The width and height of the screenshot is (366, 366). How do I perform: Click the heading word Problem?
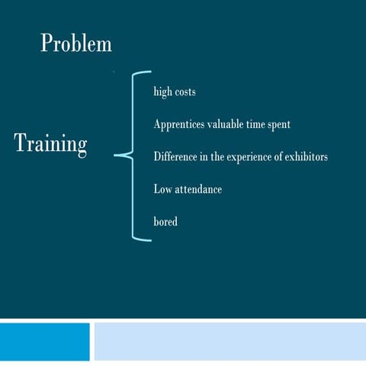(x=76, y=43)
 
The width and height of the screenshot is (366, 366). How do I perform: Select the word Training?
(x=50, y=144)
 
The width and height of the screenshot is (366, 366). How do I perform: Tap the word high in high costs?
(x=162, y=91)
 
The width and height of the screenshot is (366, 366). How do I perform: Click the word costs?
(x=185, y=91)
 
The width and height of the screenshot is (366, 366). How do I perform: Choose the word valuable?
(x=231, y=124)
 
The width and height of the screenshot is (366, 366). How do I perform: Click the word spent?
(x=277, y=124)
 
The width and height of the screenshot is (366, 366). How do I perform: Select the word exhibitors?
(x=305, y=156)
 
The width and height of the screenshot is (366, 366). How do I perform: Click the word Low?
(x=162, y=188)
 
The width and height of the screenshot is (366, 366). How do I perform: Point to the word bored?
(x=165, y=221)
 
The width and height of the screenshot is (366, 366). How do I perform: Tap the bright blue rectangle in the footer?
(x=44, y=341)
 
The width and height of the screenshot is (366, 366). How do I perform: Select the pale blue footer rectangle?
(x=230, y=341)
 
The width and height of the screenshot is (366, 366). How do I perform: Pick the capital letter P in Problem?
(x=47, y=43)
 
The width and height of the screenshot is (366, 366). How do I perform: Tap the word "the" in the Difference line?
(x=216, y=156)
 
